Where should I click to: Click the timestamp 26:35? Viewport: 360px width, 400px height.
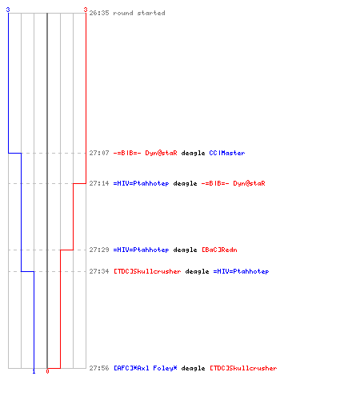(99, 13)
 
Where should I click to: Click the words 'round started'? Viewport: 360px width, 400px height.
(139, 13)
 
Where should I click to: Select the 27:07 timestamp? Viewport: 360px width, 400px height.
(99, 153)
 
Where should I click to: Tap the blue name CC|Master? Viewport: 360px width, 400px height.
(227, 153)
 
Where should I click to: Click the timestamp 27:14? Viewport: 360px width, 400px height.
(99, 183)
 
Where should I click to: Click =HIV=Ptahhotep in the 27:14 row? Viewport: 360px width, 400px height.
(141, 183)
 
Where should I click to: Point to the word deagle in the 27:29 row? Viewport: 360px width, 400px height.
(185, 250)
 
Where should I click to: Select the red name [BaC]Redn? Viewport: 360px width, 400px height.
(219, 250)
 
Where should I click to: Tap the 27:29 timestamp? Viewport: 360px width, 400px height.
(99, 250)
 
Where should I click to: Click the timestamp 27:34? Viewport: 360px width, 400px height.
(99, 271)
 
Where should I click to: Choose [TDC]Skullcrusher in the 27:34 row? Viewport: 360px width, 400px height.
(147, 271)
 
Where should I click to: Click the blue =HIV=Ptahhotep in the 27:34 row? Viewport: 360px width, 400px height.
(241, 271)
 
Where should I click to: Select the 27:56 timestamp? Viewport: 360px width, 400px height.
(99, 368)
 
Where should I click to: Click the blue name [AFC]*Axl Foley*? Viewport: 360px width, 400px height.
(145, 368)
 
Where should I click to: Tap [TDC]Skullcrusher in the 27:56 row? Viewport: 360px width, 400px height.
(243, 368)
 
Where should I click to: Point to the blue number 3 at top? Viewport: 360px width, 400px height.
(8, 10)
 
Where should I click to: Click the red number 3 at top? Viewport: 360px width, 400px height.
(86, 10)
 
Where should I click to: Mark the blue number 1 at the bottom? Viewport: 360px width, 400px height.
(34, 371)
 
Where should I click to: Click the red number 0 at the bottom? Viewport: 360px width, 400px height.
(47, 371)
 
